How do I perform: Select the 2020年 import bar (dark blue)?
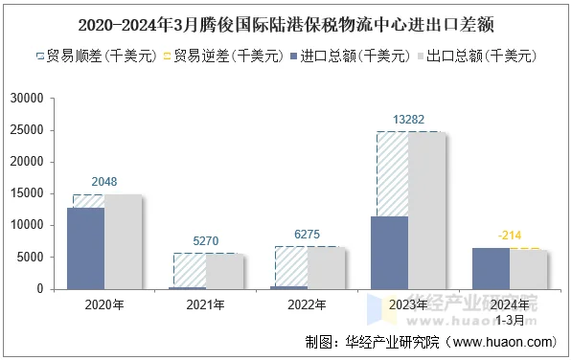point(86,248)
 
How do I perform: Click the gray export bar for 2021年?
point(224,271)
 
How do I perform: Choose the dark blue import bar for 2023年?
point(389,252)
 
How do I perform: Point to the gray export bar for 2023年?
point(426,210)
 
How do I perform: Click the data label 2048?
point(104,182)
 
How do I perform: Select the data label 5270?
point(205,241)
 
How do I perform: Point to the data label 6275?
point(307,235)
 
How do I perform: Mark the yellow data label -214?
point(509,236)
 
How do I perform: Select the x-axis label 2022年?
point(307,305)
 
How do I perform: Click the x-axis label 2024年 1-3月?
point(509,310)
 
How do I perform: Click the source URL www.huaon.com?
point(502,342)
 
